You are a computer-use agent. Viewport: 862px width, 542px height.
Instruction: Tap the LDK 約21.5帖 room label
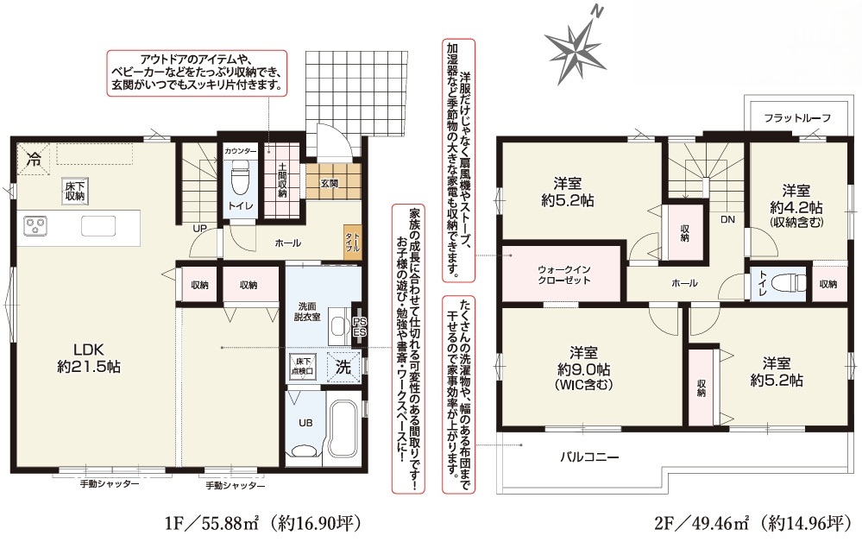(89, 358)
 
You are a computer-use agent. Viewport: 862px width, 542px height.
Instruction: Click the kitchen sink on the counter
(98, 225)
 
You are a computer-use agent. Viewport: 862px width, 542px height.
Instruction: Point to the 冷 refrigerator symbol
(34, 160)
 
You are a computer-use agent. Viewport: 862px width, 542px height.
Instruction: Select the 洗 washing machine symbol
(343, 367)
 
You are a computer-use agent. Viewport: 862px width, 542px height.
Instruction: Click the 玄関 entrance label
(330, 184)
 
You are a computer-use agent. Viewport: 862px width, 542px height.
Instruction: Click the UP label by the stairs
(199, 228)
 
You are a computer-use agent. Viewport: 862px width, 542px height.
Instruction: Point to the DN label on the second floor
(727, 219)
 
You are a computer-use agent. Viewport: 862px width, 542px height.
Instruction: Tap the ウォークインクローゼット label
(564, 274)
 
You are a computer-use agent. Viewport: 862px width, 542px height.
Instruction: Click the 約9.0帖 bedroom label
(583, 369)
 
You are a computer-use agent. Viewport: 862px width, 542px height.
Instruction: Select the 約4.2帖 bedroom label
(796, 206)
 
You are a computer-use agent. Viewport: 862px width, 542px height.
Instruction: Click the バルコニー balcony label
(590, 457)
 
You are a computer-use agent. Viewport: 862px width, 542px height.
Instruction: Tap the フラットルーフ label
(797, 117)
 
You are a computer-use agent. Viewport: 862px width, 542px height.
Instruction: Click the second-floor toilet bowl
(787, 283)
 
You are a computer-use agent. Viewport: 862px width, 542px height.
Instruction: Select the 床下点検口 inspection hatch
(303, 366)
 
